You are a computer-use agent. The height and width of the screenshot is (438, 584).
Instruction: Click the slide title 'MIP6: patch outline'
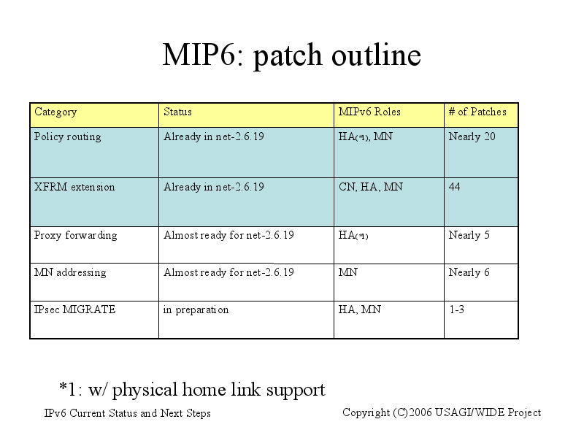point(291,55)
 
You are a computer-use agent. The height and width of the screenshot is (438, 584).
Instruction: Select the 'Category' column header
point(55,112)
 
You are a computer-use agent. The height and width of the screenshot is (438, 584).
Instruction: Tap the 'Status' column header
point(177,112)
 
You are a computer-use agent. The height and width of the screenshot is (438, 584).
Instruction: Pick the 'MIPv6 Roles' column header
point(369,112)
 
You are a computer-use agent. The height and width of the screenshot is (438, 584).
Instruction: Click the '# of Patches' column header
point(477,112)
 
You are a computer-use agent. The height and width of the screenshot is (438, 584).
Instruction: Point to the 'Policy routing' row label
point(67,137)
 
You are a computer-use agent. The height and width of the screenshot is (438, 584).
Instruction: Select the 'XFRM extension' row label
point(74,187)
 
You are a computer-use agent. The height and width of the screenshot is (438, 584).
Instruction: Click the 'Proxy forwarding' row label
point(76,235)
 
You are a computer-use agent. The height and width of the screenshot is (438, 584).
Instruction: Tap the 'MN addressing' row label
point(70,272)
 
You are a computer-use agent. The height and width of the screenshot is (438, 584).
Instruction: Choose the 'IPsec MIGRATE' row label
point(74,310)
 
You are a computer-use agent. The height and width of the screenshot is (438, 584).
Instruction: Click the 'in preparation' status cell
point(196,310)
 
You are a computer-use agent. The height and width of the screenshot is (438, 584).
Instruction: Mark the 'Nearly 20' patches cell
point(472,137)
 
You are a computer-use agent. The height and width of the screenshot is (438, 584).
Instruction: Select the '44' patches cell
point(454,187)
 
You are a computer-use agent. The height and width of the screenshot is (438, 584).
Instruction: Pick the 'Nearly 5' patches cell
point(469,235)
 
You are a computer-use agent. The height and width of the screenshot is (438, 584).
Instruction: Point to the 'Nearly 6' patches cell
point(469,272)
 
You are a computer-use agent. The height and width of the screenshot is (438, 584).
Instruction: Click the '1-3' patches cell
point(457,310)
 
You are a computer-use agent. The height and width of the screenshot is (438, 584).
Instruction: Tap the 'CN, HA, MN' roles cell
point(371,187)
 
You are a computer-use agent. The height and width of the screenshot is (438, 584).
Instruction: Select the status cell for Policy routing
point(214,137)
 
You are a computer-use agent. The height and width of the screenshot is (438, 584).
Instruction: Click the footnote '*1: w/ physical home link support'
point(192,390)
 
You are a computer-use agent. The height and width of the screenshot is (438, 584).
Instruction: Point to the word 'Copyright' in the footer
point(366,412)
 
